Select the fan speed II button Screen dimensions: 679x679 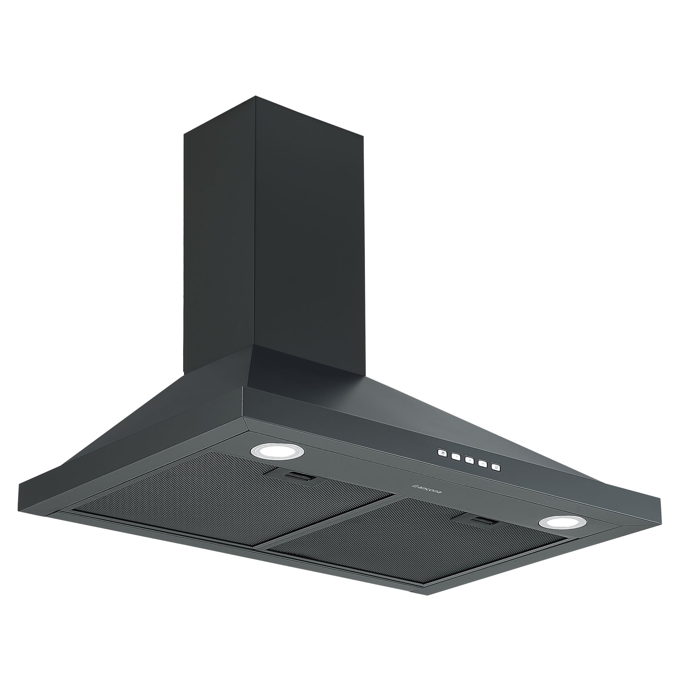click(469, 459)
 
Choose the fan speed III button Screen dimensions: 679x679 click(482, 463)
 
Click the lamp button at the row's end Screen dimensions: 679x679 click(496, 467)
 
